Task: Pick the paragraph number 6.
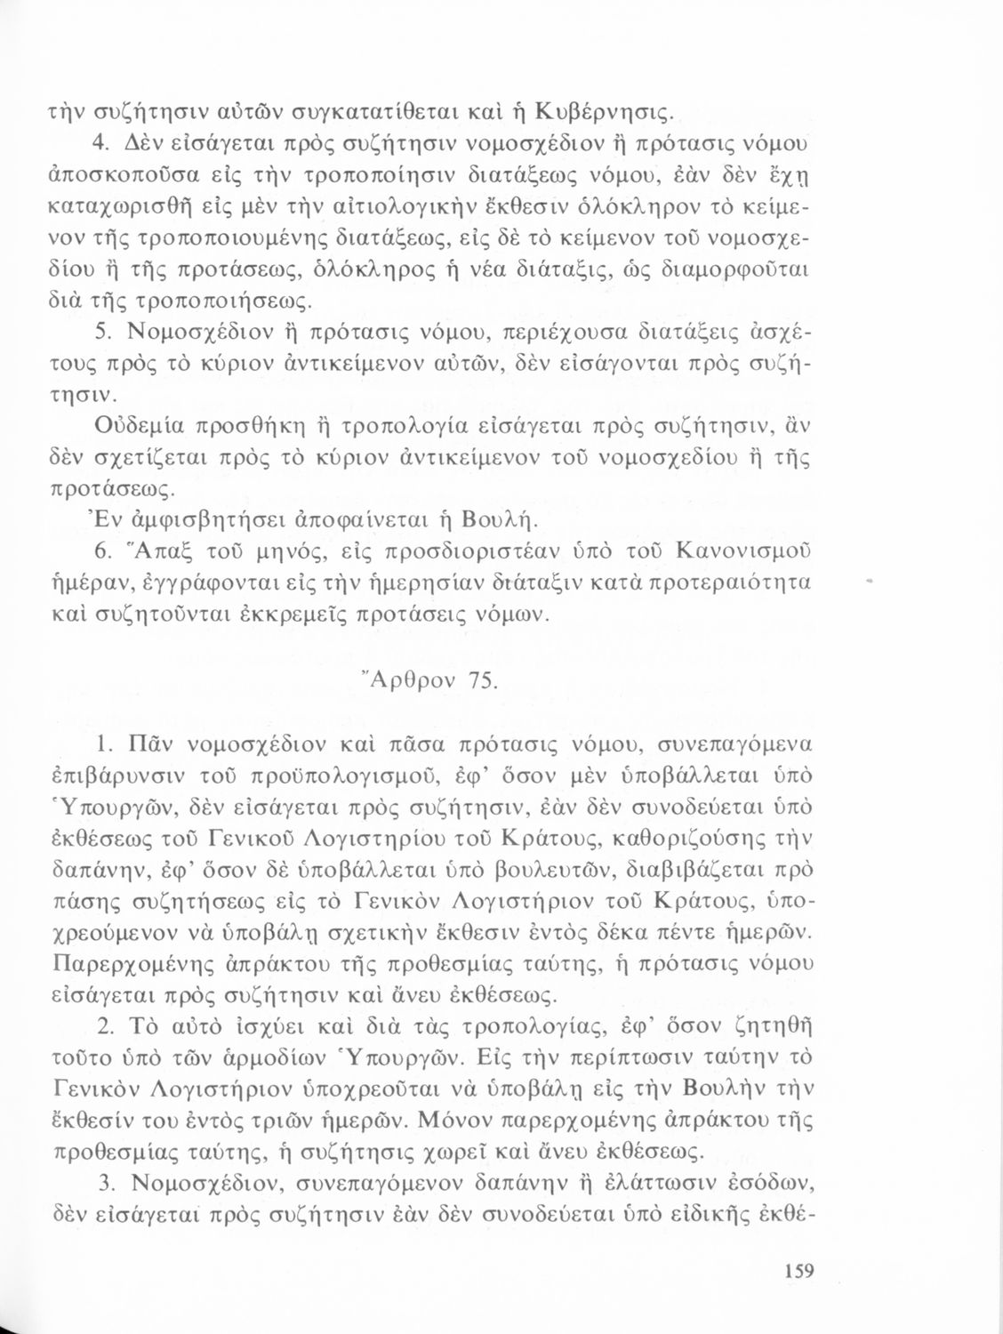(x=102, y=554)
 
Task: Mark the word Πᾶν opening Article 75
(x=149, y=742)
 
